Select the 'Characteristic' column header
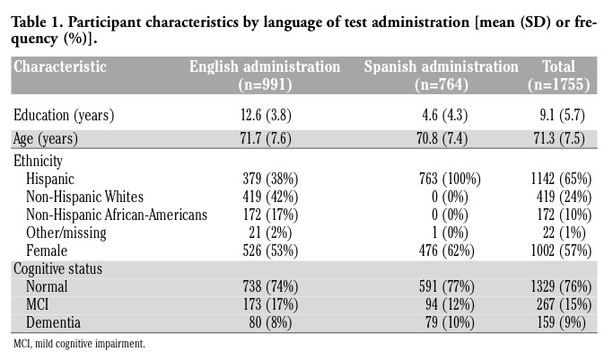click(60, 67)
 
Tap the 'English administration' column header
click(264, 67)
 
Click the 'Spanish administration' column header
click(441, 67)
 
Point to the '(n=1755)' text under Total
click(565, 85)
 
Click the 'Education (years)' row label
click(63, 115)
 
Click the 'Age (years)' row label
click(46, 138)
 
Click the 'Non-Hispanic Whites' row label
click(85, 197)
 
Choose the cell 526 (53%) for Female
click(270, 250)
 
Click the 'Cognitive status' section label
click(58, 269)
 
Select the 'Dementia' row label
click(54, 321)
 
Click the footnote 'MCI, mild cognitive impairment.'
click(79, 343)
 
